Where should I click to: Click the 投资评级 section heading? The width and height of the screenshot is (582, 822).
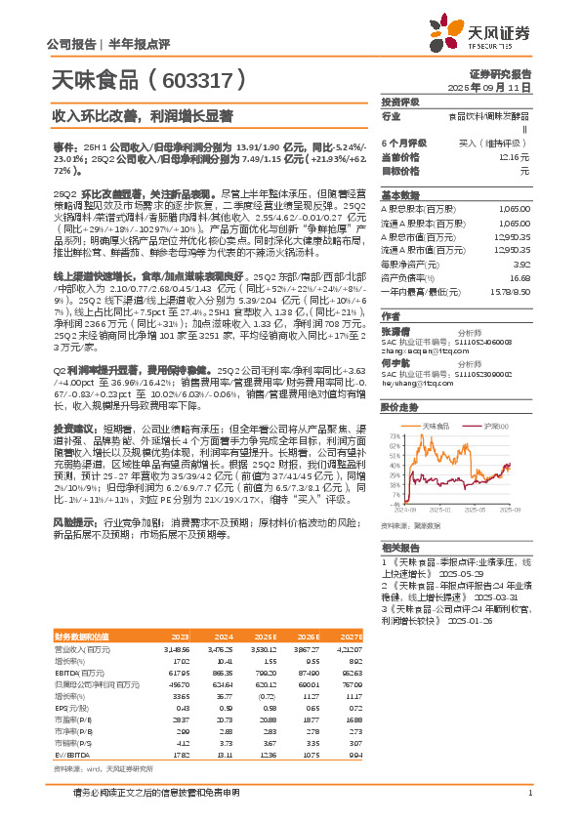pyautogui.click(x=399, y=102)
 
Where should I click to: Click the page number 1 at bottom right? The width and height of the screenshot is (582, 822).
pyautogui.click(x=528, y=793)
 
